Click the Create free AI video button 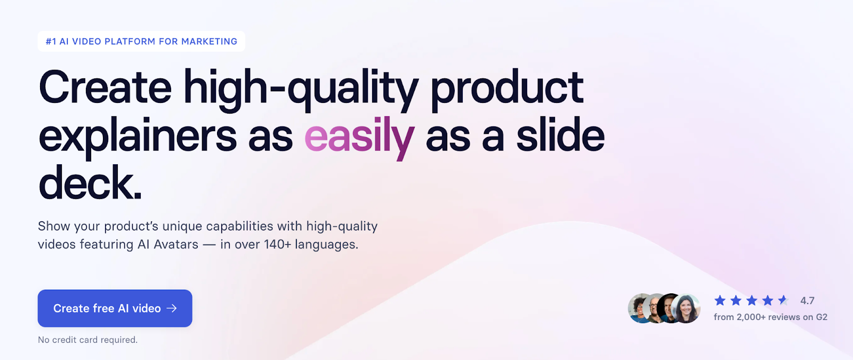[115, 308]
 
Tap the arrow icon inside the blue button [172, 308]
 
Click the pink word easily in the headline [359, 137]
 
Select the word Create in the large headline [105, 88]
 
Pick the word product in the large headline [506, 88]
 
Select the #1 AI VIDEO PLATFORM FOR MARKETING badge [141, 42]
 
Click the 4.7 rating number [807, 301]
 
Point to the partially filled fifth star [783, 300]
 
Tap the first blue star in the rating [720, 300]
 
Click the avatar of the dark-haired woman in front [686, 309]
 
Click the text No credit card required [87, 340]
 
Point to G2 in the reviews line [822, 317]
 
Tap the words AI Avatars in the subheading [168, 244]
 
